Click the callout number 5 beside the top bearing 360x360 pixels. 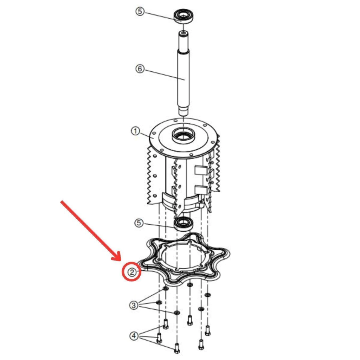pos(140,11)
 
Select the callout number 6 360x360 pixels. pos(140,69)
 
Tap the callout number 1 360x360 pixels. pos(135,131)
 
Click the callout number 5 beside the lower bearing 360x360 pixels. pos(139,223)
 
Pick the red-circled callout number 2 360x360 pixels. pos(132,272)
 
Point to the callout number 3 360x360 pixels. pos(134,306)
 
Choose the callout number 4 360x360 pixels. pos(134,336)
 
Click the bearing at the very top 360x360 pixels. pos(184,16)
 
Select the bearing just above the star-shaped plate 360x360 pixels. pos(184,223)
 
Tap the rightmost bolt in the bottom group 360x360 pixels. pos(207,330)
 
